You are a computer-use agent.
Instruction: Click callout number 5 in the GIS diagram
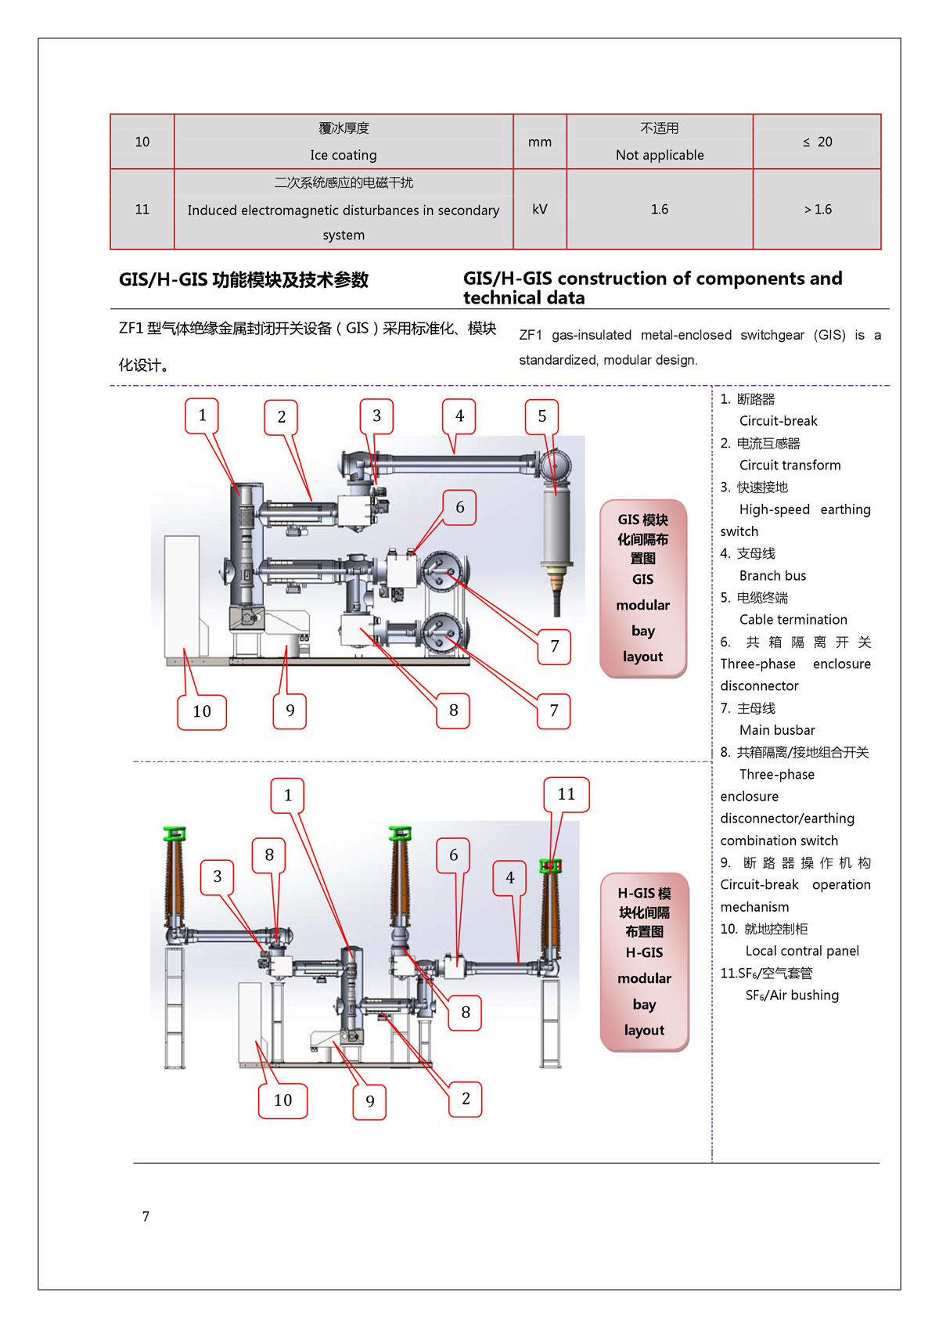coord(541,416)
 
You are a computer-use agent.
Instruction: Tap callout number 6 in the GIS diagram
coord(459,507)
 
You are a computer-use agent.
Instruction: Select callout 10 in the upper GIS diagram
coord(202,711)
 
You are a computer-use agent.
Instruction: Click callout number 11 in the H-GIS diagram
coord(566,794)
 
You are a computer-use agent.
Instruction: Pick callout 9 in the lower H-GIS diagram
coord(370,1101)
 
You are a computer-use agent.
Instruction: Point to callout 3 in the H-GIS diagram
coord(218,876)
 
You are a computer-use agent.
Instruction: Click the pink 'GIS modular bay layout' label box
coord(642,588)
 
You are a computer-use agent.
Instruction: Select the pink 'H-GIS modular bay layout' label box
coord(644,962)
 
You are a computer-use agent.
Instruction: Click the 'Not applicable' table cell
coord(659,155)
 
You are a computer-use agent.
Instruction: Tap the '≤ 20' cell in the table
coord(817,142)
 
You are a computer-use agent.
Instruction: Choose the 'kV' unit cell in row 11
coord(539,209)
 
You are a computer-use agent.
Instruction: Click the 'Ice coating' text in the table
coord(343,155)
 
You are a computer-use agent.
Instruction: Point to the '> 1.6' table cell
coord(817,209)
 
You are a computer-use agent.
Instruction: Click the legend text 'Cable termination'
coord(793,619)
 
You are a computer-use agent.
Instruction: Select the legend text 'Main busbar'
coord(777,729)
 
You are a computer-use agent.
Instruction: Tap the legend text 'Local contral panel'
coord(801,951)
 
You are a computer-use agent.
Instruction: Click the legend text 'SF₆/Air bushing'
coord(791,995)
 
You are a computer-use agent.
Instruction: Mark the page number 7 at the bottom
coord(146,1216)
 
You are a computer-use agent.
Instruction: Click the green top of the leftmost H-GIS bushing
coord(174,833)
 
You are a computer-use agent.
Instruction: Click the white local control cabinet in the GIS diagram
coord(182,595)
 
